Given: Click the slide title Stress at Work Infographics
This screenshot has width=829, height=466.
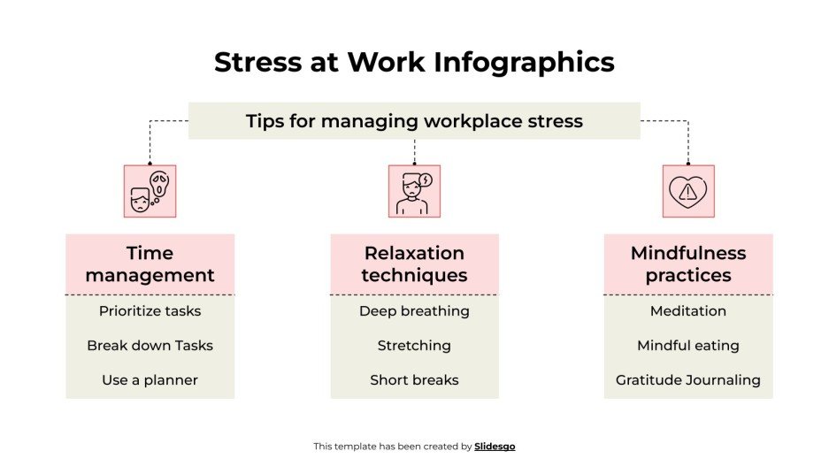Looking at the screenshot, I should [x=414, y=63].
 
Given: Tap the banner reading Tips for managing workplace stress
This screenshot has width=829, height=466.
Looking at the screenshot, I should [x=414, y=121].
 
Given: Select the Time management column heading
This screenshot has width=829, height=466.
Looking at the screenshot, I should [x=150, y=264].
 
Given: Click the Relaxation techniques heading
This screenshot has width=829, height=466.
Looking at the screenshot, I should [x=414, y=264].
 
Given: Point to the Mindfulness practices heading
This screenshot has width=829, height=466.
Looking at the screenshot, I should [x=687, y=264].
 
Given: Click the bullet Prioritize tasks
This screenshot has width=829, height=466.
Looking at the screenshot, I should [x=150, y=311].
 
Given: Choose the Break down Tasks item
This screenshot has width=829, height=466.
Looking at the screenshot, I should [x=150, y=346].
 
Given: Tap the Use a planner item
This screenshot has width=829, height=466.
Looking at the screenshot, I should [x=150, y=380].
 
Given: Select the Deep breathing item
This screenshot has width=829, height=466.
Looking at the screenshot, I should [x=414, y=311].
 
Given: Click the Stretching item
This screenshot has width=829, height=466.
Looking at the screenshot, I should [x=414, y=346].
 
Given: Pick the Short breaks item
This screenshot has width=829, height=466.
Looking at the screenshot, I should [x=414, y=380].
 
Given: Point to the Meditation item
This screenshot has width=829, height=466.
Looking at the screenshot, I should [x=687, y=311].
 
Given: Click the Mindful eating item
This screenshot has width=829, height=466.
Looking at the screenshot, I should [x=687, y=346].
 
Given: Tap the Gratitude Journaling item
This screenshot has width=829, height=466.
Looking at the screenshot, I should [x=687, y=380].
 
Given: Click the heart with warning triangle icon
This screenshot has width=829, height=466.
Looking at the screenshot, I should [x=687, y=191].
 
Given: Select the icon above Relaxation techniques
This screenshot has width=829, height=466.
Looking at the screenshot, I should [x=414, y=191].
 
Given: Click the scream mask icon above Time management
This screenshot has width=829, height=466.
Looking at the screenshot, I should [x=150, y=191].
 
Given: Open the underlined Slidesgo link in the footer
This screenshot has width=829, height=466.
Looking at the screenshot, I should [x=495, y=447].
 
